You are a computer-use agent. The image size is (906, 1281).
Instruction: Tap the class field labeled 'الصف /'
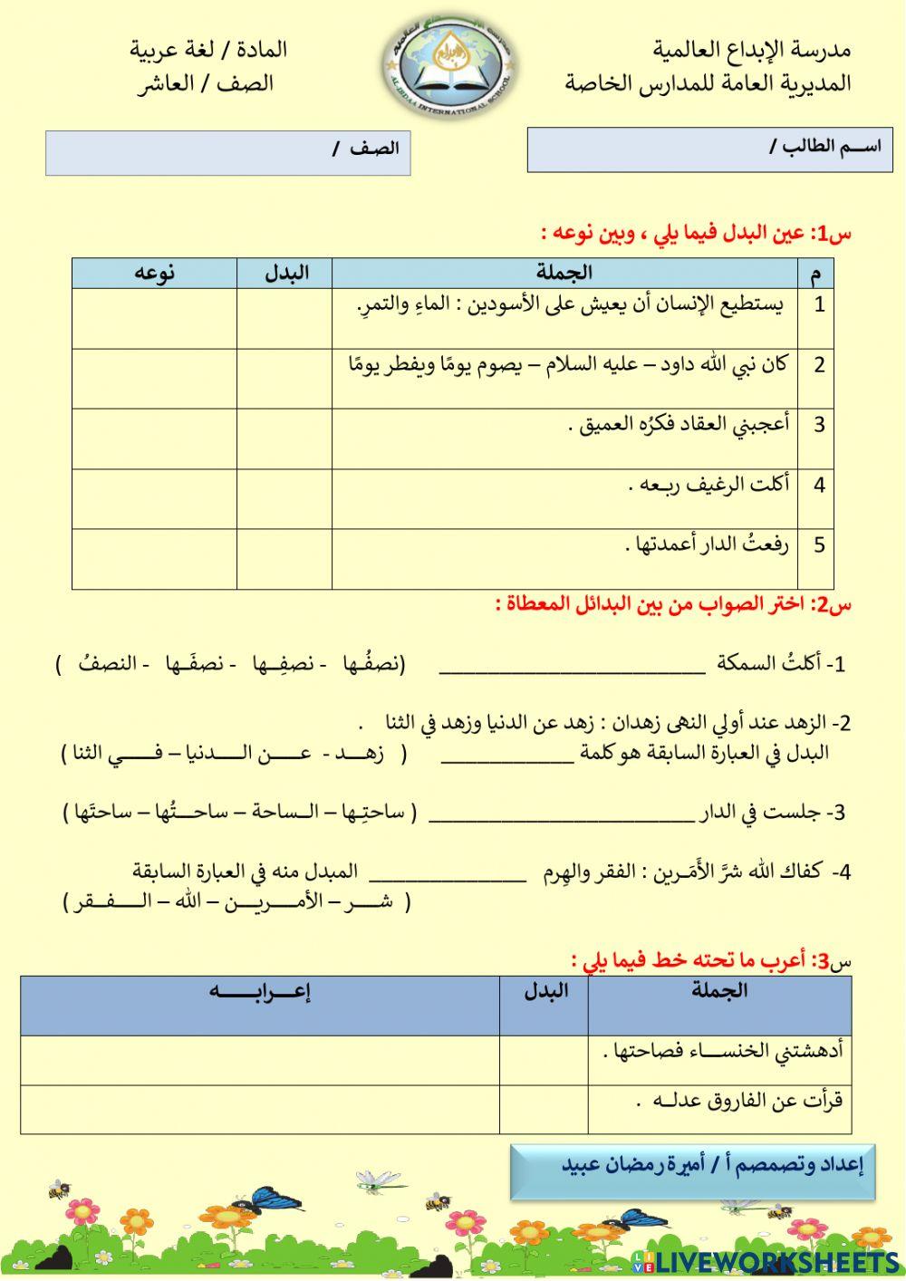pos(227,152)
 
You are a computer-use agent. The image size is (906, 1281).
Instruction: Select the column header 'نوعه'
pos(154,273)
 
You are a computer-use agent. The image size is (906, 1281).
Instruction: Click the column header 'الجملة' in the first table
pos(564,273)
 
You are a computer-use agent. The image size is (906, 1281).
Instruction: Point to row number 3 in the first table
pos(818,424)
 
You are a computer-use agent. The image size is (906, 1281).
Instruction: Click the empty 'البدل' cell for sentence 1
pos(284,318)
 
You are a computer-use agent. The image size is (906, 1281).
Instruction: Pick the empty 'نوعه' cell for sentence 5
pos(154,559)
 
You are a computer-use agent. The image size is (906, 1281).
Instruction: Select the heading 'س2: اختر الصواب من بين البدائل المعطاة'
pos(674,604)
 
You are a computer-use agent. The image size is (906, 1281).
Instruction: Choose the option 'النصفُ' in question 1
pos(101,664)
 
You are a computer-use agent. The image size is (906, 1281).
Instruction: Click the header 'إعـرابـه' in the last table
pos(259,992)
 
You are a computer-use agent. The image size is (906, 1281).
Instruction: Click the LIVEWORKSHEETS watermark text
pos(777,1262)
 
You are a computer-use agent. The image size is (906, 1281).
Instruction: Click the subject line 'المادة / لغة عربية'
pos(208,49)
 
